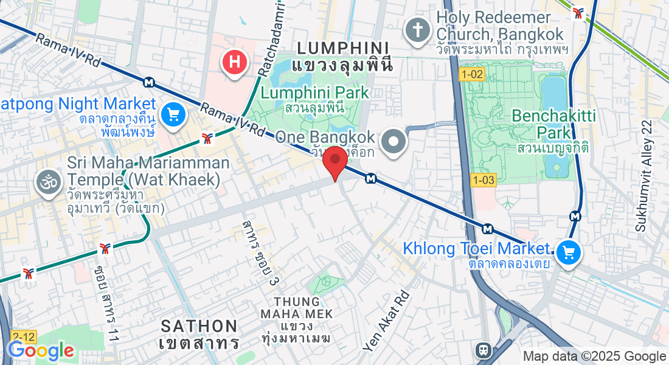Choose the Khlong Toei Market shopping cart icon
click(569, 252)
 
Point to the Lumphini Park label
click(315, 93)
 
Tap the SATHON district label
click(199, 326)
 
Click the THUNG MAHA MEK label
click(297, 308)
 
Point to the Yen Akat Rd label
click(387, 321)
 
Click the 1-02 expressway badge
click(472, 74)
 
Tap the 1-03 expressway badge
click(484, 179)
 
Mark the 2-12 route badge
click(23, 336)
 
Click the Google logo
click(40, 350)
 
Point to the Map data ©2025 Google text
click(595, 356)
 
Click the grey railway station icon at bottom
click(484, 350)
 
